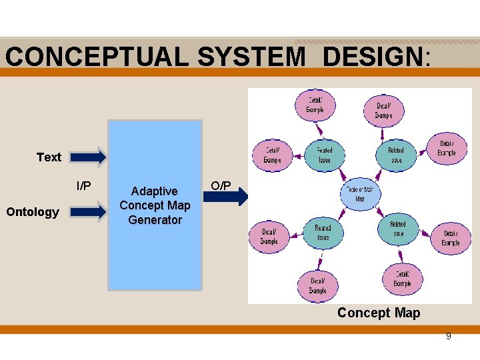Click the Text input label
49,157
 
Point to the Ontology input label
33,212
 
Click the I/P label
84,185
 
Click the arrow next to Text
88,157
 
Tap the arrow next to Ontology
88,211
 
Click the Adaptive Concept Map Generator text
155,205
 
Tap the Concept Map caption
379,313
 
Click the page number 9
448,336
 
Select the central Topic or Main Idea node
360,194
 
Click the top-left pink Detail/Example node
315,105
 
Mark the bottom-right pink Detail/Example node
402,279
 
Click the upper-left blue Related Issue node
324,155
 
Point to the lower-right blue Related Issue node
397,229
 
